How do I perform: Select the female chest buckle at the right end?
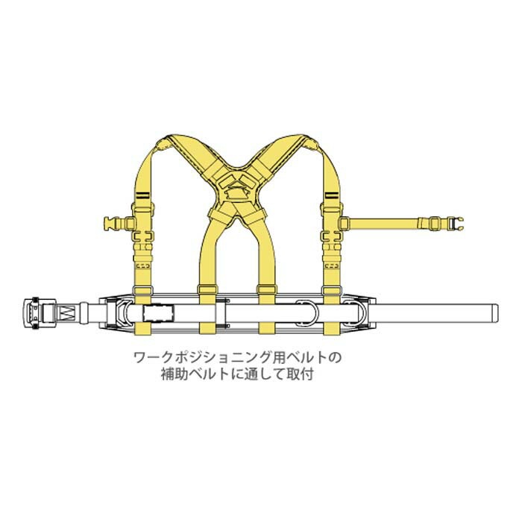pos(456,223)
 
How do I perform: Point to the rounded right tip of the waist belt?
pos(495,312)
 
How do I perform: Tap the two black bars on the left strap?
pos(144,195)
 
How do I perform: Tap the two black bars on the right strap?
pos(331,195)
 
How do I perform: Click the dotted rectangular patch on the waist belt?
pos(158,312)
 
